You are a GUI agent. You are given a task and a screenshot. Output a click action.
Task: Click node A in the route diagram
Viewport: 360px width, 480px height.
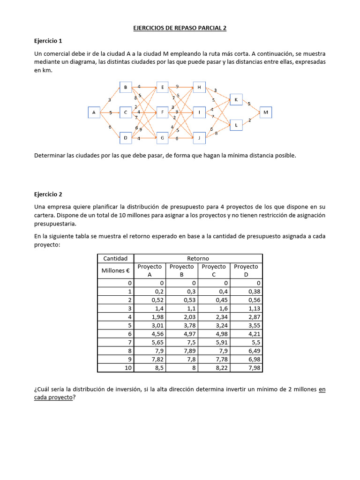coord(94,112)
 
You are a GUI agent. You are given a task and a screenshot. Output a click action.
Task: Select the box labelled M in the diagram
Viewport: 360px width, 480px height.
coord(266,112)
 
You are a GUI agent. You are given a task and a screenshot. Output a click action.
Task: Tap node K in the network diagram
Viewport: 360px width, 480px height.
coord(236,100)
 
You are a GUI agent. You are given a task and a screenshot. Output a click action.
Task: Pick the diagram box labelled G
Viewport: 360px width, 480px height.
coord(162,138)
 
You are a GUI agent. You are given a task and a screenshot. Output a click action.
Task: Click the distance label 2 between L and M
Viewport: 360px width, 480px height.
coord(249,120)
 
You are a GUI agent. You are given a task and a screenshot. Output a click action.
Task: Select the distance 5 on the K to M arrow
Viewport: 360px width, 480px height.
coord(249,104)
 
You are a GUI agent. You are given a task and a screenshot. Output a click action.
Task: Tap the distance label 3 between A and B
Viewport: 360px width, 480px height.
coord(109,99)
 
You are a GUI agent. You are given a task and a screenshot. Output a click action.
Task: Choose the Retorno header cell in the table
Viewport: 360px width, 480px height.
coord(198,259)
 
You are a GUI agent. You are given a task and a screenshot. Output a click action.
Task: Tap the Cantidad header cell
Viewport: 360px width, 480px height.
coord(115,259)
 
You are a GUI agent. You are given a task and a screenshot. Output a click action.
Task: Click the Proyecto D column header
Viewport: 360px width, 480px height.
coord(246,270)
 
